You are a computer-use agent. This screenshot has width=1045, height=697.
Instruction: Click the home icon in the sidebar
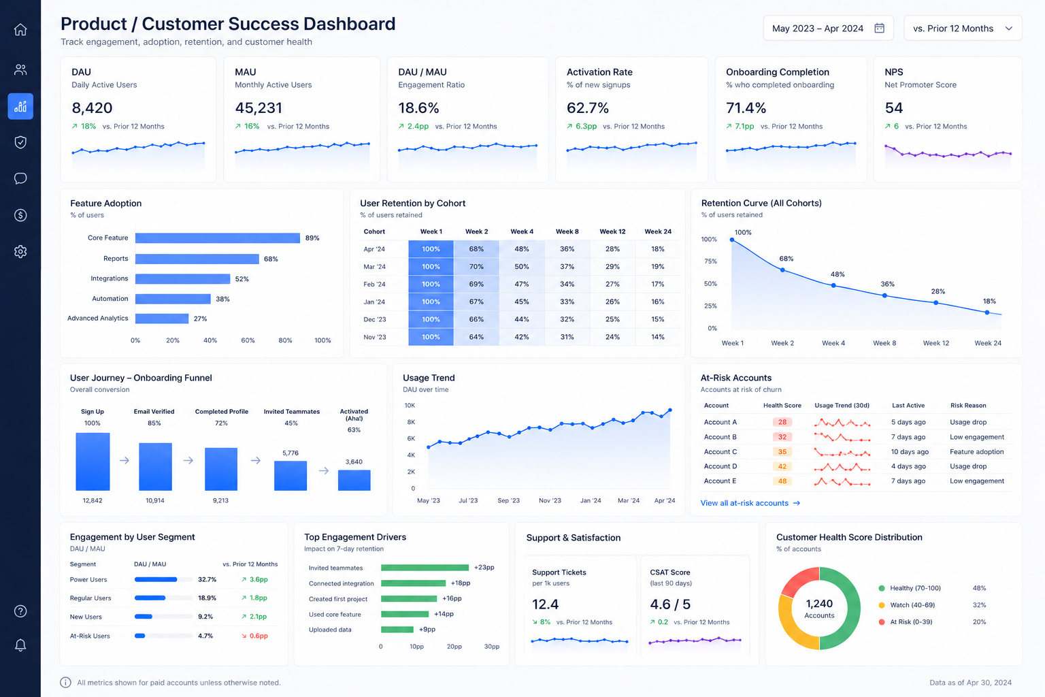[20, 29]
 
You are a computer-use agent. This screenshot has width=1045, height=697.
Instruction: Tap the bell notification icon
[20, 645]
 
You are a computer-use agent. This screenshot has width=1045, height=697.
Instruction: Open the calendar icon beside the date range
[880, 28]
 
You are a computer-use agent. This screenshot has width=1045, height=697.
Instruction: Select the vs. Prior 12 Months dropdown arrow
[1009, 29]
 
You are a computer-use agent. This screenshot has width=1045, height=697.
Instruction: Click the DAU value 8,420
[92, 108]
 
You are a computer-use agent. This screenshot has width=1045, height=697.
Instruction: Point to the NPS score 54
[894, 108]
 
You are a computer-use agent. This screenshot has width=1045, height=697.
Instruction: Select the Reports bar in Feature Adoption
[197, 259]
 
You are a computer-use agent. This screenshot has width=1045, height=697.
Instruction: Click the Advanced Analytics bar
[162, 319]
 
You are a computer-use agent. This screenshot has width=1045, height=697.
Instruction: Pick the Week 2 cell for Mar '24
[476, 267]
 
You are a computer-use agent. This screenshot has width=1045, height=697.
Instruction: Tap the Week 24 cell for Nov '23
[658, 337]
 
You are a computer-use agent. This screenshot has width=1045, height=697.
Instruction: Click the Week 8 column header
[567, 231]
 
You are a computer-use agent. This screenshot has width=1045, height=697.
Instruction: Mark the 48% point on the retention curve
[833, 285]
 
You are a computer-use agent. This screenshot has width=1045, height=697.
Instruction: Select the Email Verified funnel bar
[155, 467]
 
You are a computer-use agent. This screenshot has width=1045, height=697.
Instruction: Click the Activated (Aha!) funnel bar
[354, 481]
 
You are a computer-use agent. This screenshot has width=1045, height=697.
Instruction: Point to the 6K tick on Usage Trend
[411, 438]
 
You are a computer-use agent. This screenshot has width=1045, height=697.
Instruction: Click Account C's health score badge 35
[782, 451]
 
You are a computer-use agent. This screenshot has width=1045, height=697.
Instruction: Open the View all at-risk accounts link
[750, 503]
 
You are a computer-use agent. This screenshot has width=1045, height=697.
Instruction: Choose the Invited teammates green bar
[425, 568]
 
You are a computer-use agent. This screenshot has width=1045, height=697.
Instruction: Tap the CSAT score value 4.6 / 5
[670, 604]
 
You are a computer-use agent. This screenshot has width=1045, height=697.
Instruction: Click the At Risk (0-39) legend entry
[906, 622]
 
